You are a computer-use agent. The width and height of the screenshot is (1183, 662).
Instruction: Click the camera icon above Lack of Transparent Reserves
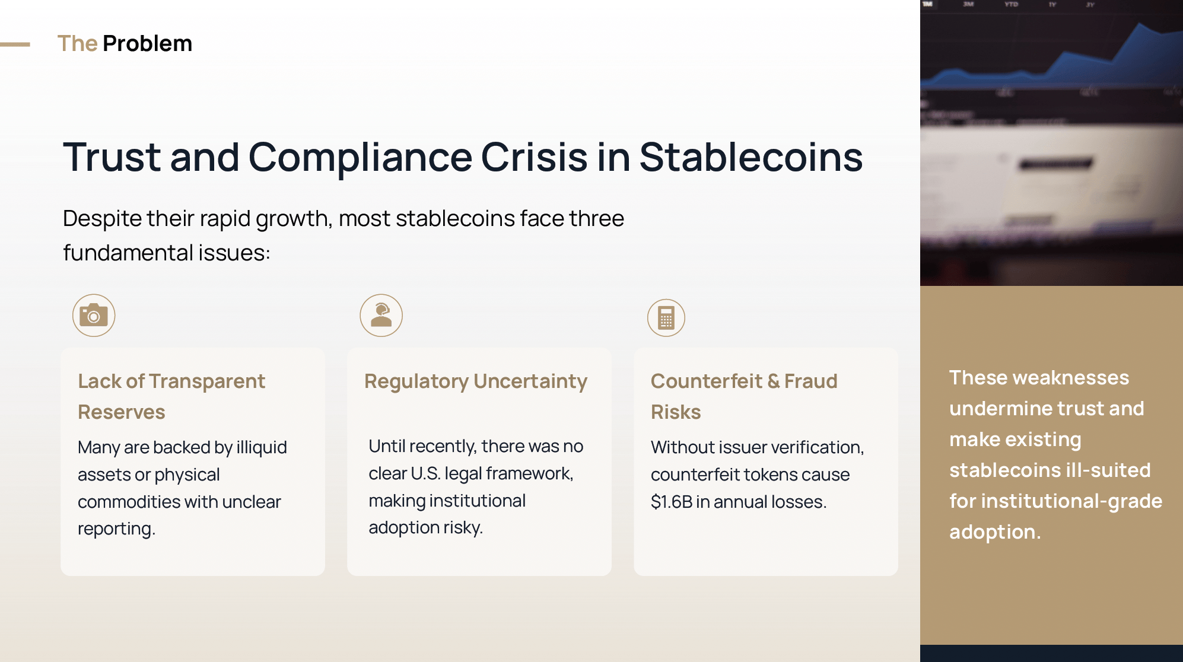[94, 315]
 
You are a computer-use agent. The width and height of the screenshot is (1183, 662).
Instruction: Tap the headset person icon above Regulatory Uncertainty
[381, 315]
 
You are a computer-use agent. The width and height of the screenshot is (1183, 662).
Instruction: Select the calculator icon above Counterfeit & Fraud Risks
[666, 317]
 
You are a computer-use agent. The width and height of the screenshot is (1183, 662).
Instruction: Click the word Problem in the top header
[147, 43]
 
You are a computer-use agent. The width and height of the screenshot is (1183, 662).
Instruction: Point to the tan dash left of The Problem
[15, 44]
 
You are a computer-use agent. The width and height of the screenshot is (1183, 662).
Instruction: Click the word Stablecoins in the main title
[751, 157]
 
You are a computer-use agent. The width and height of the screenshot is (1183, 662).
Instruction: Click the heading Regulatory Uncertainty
[476, 381]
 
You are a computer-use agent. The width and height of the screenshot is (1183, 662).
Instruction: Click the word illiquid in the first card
[262, 447]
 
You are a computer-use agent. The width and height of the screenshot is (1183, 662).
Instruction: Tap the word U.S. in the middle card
[425, 473]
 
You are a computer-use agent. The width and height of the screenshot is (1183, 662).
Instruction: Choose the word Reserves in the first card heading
[122, 412]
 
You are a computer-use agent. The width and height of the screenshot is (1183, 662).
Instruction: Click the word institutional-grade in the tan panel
[1071, 501]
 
